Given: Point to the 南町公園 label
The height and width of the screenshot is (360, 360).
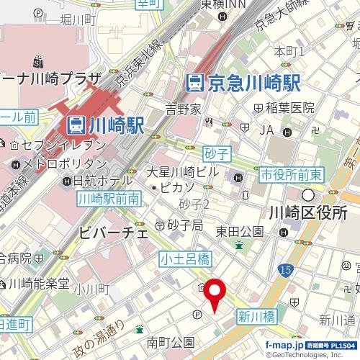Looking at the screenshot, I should pyautogui.click(x=170, y=341).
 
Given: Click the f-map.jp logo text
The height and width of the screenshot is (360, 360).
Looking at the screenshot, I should pyautogui.click(x=284, y=346).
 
